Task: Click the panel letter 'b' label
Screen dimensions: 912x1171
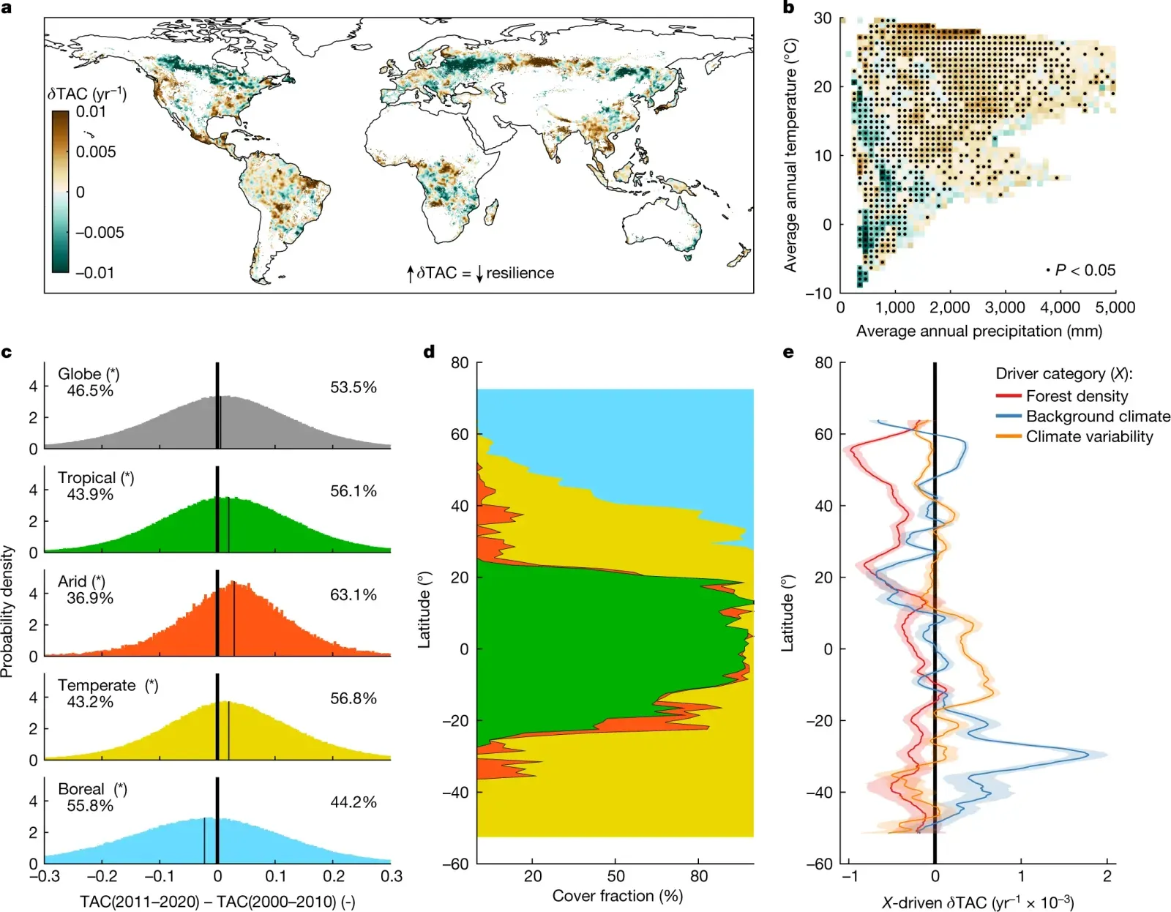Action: tap(788, 8)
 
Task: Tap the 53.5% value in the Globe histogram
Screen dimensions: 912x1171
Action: tap(353, 387)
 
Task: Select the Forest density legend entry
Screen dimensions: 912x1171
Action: tap(1077, 396)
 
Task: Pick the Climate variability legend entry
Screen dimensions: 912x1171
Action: tap(1089, 437)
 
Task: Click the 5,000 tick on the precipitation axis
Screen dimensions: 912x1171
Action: tap(1115, 307)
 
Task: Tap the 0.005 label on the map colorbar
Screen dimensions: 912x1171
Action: tap(96, 152)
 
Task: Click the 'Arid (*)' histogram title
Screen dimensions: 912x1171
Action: tap(81, 581)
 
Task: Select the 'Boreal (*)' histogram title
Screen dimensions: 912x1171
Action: tap(92, 789)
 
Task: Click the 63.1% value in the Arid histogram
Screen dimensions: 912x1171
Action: tap(353, 594)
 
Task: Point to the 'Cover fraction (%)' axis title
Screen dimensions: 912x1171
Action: tap(617, 896)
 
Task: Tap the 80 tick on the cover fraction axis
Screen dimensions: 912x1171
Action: tap(699, 876)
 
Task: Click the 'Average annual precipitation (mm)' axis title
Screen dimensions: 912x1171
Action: tap(979, 331)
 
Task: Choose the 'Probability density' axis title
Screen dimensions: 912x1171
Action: tap(7, 611)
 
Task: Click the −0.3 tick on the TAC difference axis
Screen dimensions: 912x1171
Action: tap(45, 876)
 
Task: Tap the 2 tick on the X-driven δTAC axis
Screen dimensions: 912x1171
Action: tap(1107, 876)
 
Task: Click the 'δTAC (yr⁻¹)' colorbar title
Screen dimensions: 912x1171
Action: tap(87, 94)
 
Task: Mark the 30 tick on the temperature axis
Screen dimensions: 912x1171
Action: tap(823, 18)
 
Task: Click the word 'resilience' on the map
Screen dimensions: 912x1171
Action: tap(520, 273)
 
